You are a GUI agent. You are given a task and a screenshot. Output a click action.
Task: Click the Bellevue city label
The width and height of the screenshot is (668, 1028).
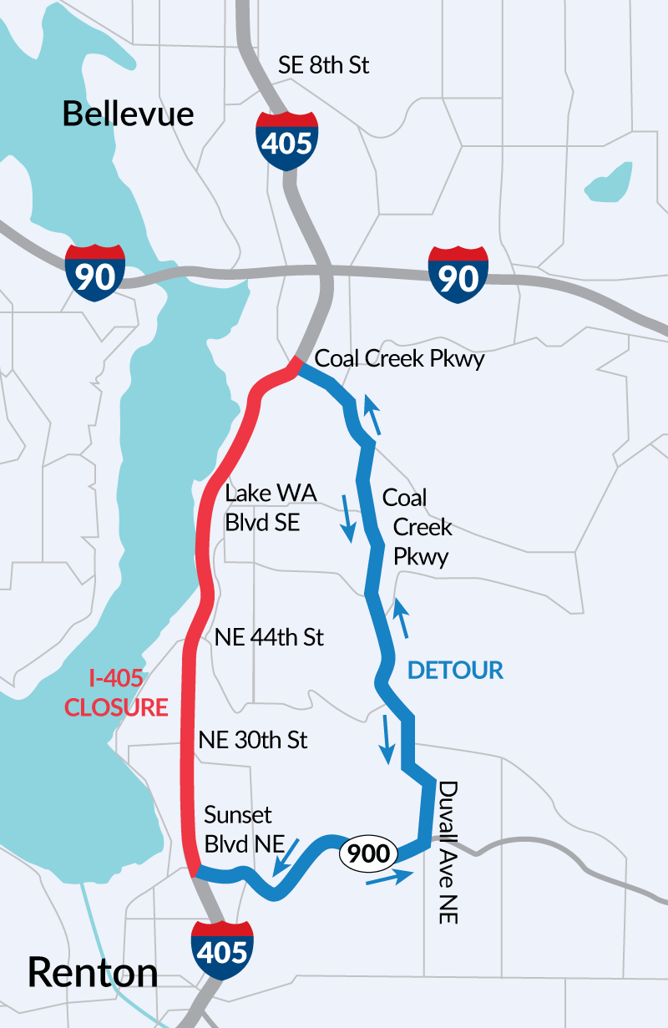[128, 114]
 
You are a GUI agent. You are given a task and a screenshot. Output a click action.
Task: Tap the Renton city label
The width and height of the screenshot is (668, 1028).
[93, 973]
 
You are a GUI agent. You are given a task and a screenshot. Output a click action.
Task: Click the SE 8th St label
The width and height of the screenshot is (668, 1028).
[324, 66]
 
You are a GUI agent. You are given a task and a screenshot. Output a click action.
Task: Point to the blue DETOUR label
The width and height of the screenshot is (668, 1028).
[455, 670]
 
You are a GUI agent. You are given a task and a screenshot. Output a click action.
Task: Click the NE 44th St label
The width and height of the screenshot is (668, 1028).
[269, 638]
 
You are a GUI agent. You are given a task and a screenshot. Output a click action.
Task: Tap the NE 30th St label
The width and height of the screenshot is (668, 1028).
[253, 739]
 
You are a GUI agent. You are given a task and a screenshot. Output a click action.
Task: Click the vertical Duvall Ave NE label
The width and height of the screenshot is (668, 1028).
[448, 852]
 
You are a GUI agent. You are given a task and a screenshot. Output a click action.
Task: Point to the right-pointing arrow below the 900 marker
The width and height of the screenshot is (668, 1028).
[390, 877]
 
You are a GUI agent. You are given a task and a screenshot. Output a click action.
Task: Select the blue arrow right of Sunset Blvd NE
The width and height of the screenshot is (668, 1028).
[286, 856]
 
